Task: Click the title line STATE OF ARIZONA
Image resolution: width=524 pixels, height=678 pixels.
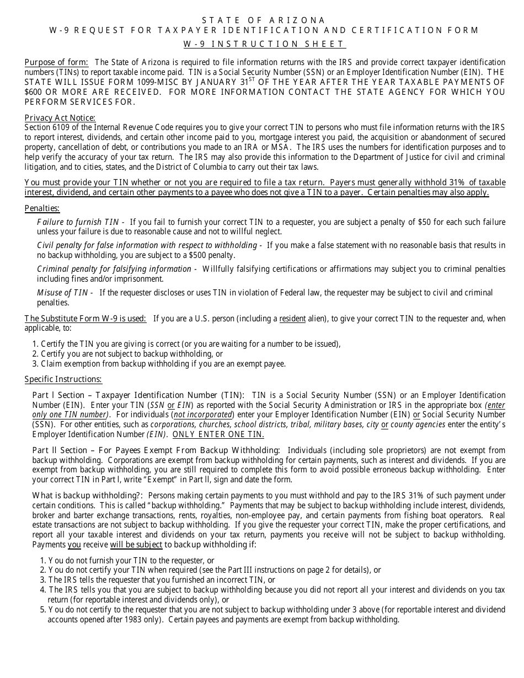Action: [x=264, y=20]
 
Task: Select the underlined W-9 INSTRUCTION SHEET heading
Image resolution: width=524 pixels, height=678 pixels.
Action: [x=264, y=44]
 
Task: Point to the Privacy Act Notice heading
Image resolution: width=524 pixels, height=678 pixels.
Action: [x=60, y=117]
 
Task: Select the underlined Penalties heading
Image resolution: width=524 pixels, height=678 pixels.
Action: [x=42, y=208]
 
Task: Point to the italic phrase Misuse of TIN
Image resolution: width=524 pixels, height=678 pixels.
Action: [x=61, y=293]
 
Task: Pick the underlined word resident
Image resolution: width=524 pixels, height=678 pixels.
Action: [x=292, y=318]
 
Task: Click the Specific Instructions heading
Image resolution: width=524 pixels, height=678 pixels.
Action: [x=63, y=379]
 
